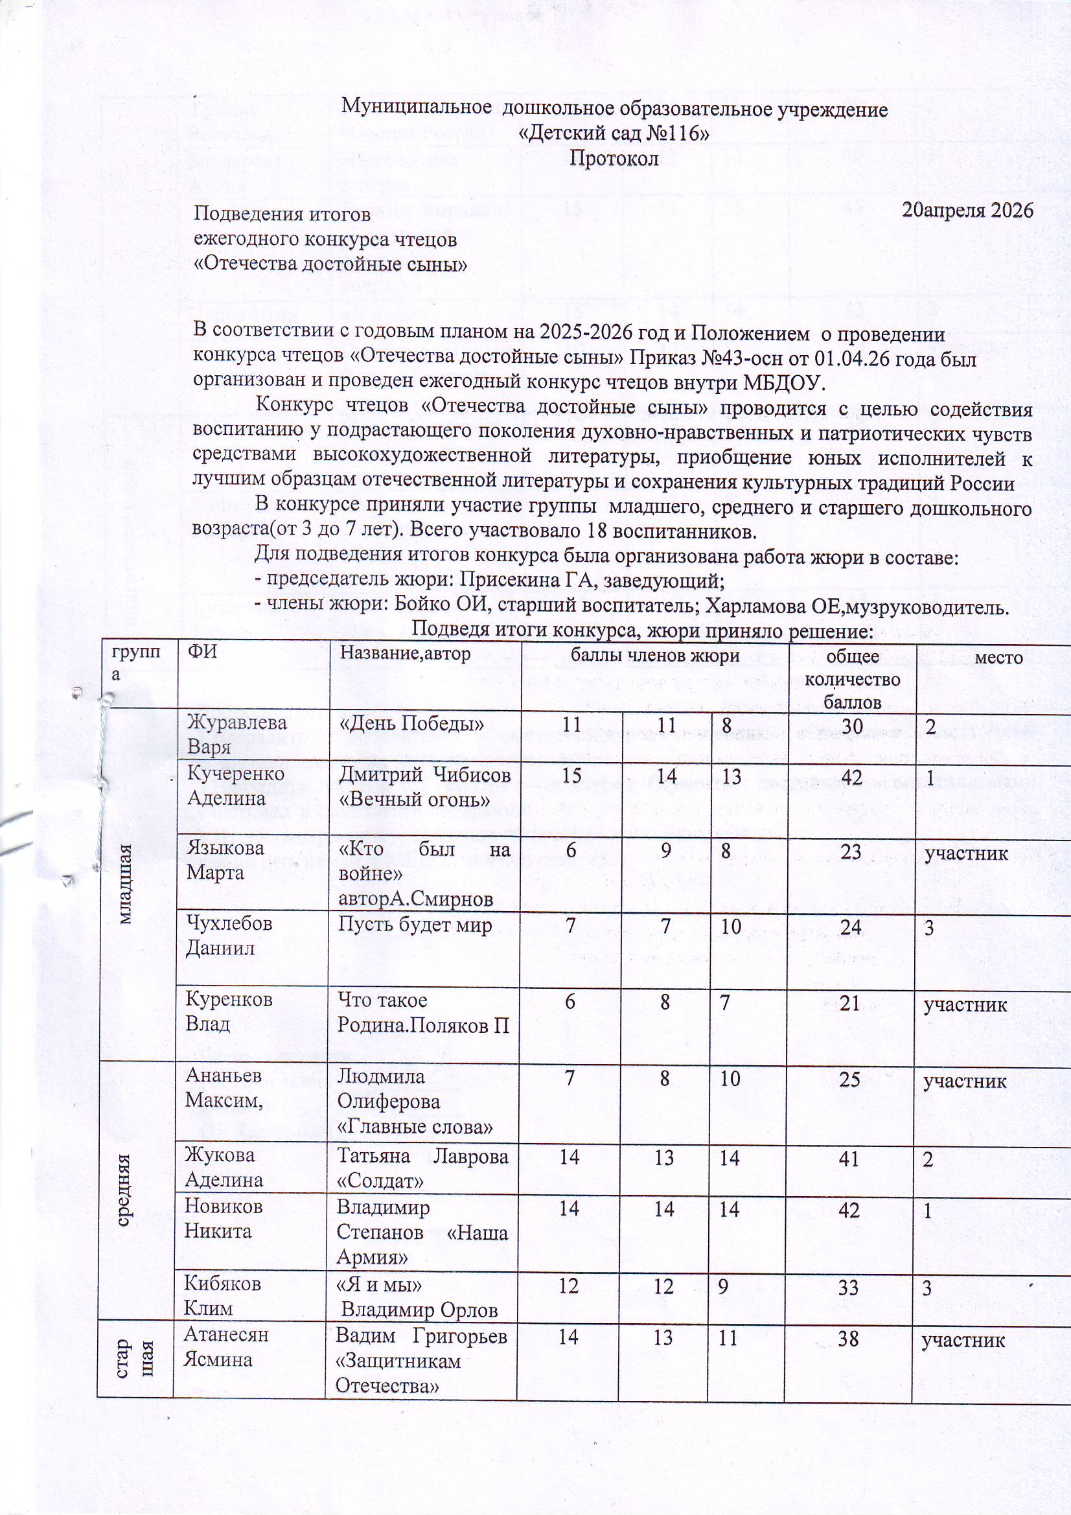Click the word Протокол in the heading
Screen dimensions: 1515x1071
614,159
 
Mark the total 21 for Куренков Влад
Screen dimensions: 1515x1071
852,1004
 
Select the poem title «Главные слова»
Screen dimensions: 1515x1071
415,1126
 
